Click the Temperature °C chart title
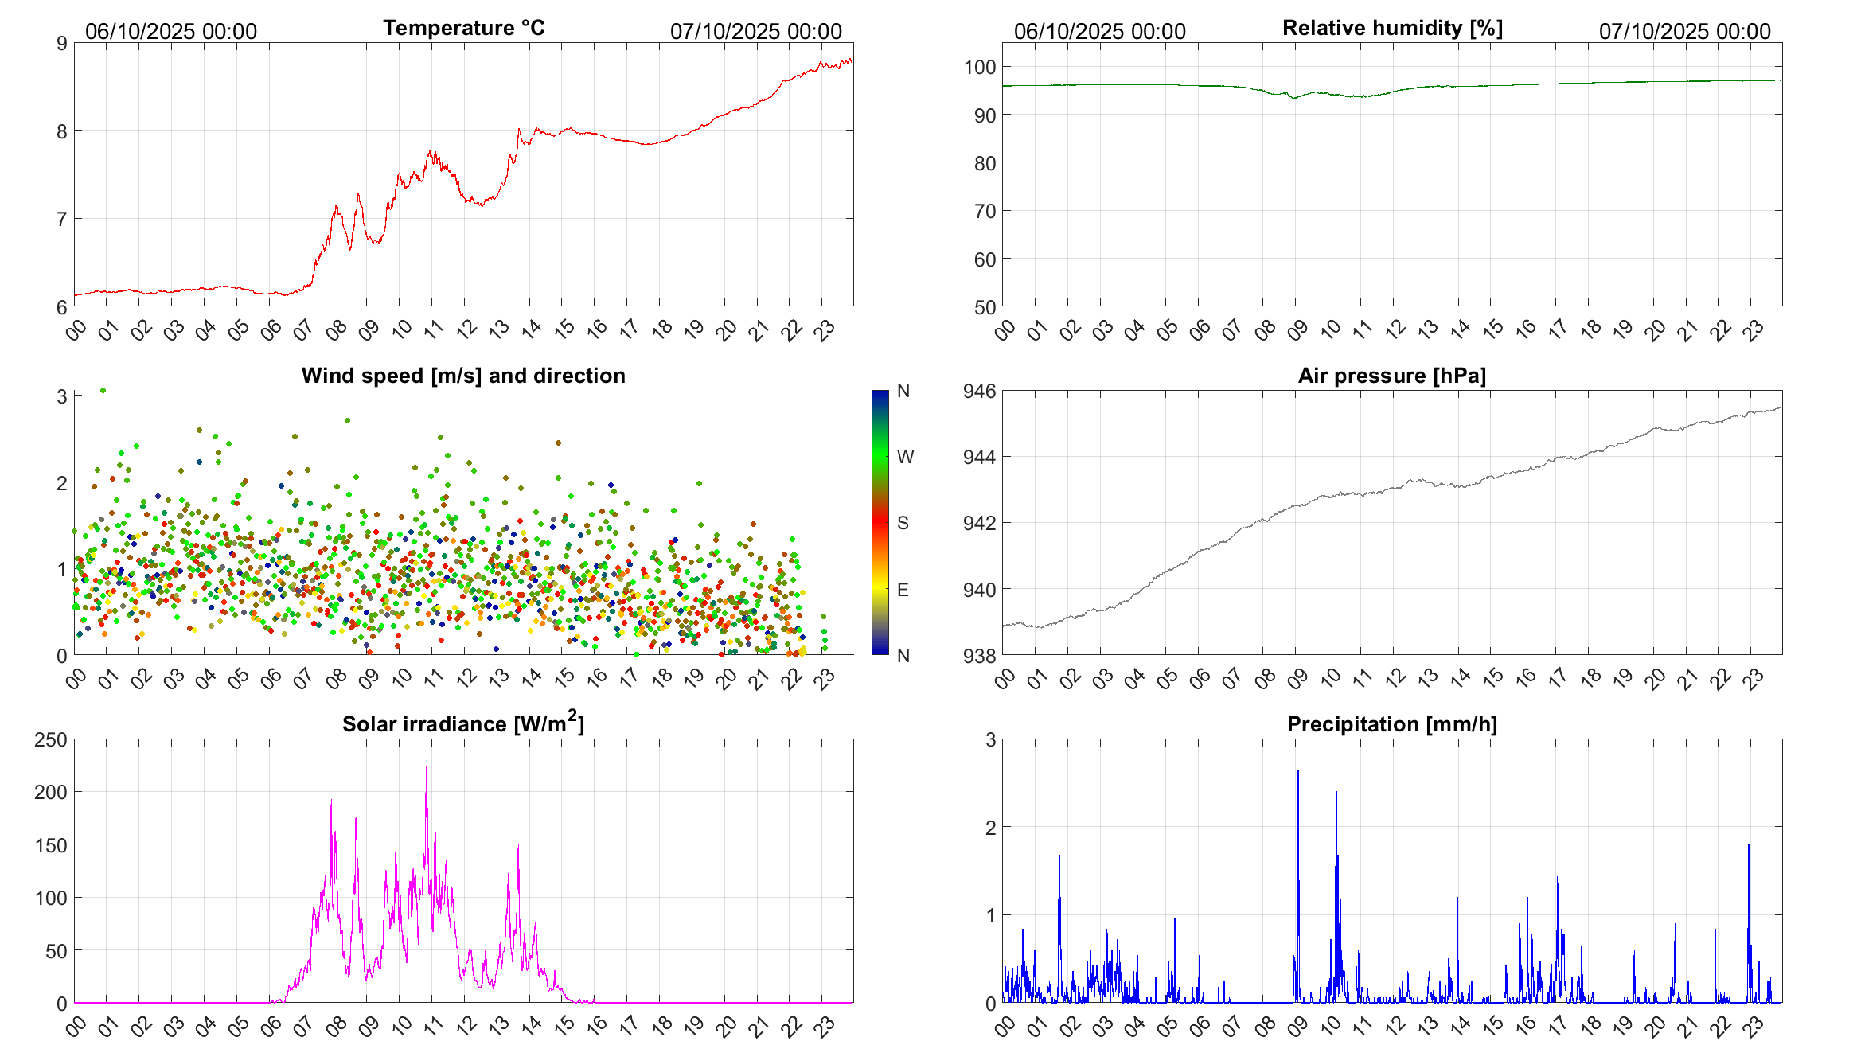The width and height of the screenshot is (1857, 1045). [463, 28]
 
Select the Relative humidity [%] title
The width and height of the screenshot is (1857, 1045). [1392, 28]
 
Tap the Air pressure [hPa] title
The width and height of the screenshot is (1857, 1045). [1391, 376]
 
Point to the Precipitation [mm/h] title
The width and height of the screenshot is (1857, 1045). [1391, 724]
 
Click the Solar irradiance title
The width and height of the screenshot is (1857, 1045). [463, 723]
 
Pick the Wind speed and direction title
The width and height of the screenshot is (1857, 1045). [463, 376]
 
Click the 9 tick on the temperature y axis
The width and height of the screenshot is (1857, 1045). [62, 44]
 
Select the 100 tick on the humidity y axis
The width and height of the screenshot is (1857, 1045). [980, 68]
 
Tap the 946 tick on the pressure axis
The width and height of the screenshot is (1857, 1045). [980, 391]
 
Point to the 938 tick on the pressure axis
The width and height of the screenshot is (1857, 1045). [980, 656]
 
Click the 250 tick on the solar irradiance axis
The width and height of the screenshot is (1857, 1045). [51, 739]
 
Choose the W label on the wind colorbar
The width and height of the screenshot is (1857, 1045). [905, 457]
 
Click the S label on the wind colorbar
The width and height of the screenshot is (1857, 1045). [903, 523]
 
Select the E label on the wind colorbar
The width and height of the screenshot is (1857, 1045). [903, 590]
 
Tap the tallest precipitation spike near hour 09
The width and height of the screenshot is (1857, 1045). [1298, 772]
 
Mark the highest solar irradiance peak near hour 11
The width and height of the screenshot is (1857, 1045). [427, 769]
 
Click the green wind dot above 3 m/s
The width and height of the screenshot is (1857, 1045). [103, 390]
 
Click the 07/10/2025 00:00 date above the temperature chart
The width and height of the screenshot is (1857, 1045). [755, 31]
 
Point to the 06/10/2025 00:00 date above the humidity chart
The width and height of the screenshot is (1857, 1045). [1099, 31]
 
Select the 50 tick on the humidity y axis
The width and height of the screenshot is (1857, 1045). [985, 307]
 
